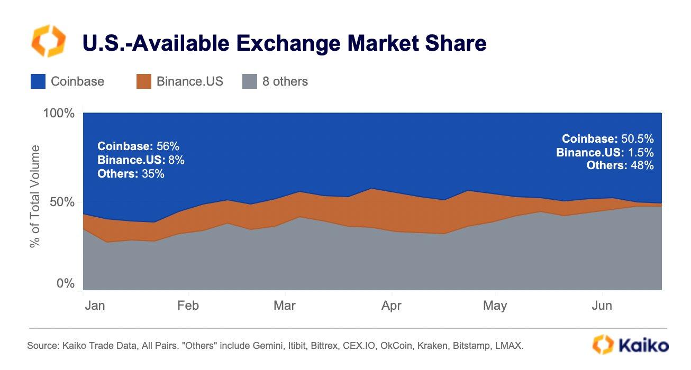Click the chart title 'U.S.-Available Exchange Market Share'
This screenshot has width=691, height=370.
point(284,43)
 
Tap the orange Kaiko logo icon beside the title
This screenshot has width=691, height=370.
point(49,41)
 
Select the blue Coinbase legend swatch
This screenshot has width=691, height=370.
point(38,81)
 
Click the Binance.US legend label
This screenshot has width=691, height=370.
point(189,81)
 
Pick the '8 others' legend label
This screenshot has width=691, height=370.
point(285,81)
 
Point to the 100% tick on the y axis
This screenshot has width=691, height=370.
point(58,114)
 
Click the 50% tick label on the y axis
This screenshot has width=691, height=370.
point(62,202)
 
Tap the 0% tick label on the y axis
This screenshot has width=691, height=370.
point(66,284)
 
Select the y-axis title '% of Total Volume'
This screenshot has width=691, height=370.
point(35,196)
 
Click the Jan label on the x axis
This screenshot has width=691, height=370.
point(95,306)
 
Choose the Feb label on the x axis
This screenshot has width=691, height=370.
point(187,306)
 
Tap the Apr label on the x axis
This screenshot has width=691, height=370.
point(392,306)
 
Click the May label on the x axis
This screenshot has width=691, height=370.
point(495,306)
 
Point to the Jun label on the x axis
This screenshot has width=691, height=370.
point(602,306)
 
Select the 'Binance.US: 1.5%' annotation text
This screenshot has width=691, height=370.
point(605,153)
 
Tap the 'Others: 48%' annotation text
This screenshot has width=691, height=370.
point(620,165)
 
